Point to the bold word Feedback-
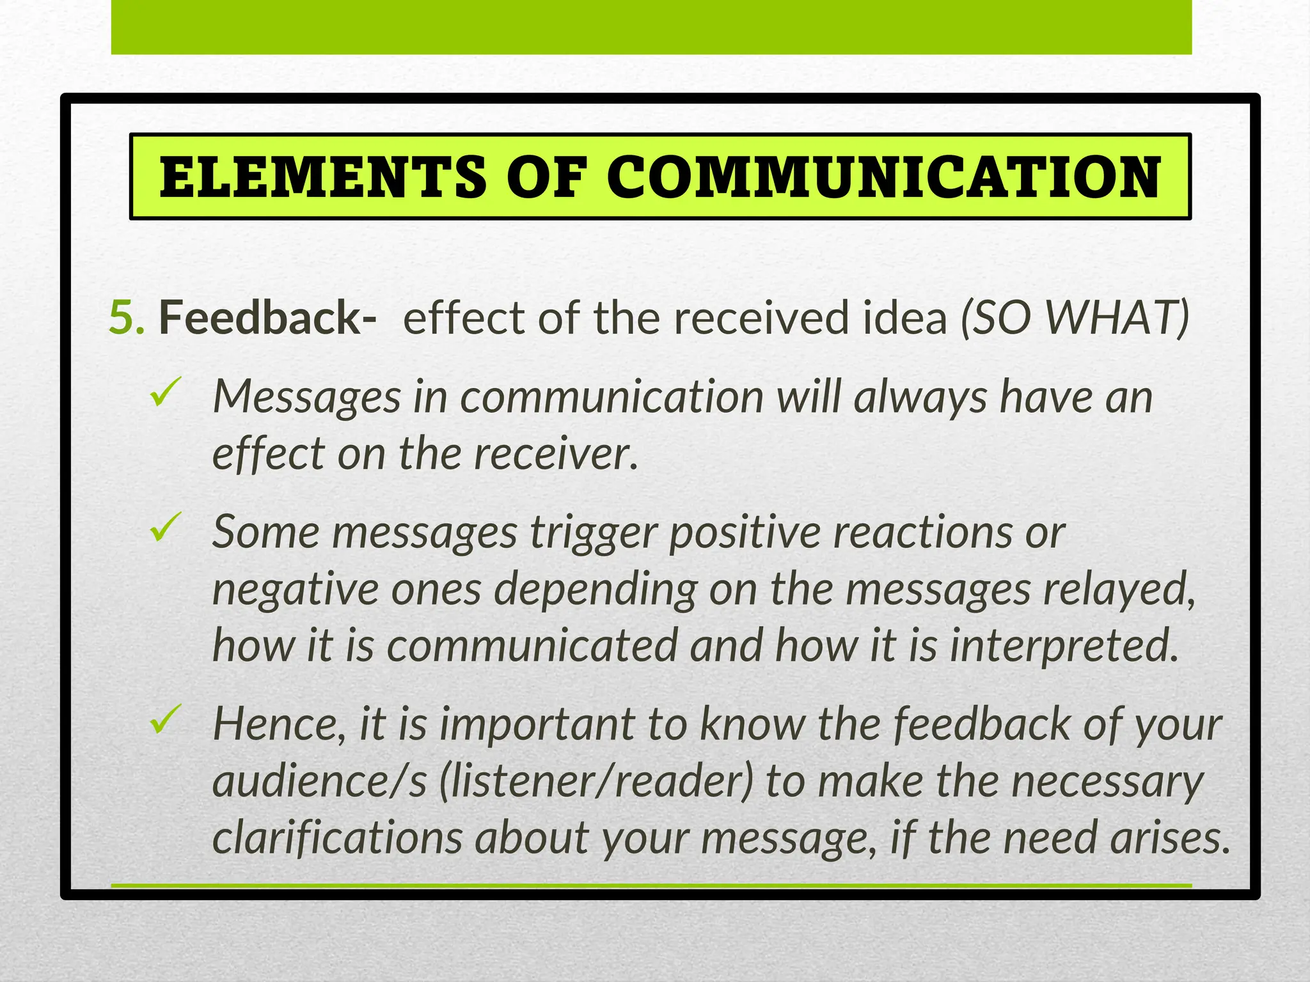267,317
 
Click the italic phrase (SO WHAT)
1075,317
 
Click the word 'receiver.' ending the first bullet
556,454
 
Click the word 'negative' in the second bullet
295,589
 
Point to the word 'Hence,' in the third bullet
279,724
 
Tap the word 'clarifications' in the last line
337,838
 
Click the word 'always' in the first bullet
920,397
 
